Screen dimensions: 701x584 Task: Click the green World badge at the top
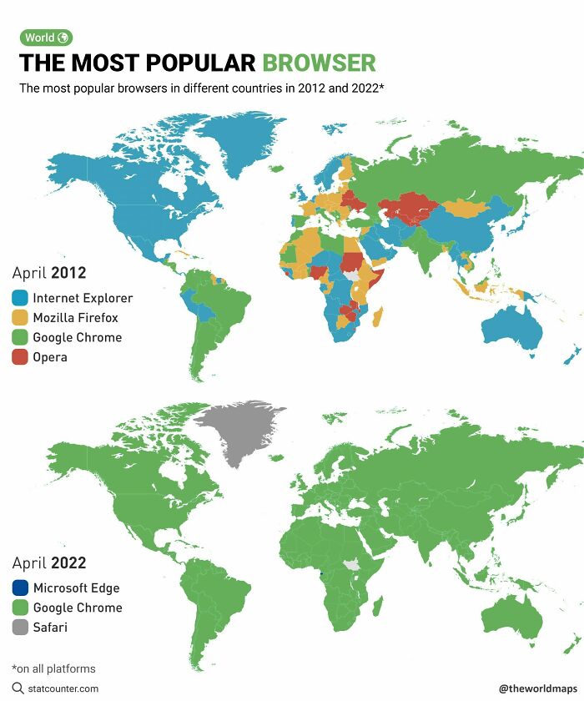46,38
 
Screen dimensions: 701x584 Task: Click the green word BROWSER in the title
319,63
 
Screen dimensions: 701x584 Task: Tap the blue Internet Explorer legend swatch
21,298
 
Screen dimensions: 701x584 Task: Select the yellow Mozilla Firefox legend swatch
21,318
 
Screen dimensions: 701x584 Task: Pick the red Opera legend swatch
21,357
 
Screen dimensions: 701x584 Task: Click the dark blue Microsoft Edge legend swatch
21,588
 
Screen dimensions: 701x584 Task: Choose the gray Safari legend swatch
21,628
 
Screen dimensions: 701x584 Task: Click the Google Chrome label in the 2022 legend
78,608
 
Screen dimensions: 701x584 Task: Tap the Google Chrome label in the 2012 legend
78,338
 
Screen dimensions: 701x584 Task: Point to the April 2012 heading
49,273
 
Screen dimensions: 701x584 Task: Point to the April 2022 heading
49,563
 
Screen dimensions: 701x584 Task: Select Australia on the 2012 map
511,330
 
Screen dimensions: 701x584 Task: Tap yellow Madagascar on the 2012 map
377,318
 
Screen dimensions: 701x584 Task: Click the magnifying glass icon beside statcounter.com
18,688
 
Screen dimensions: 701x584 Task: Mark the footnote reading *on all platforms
53,668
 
